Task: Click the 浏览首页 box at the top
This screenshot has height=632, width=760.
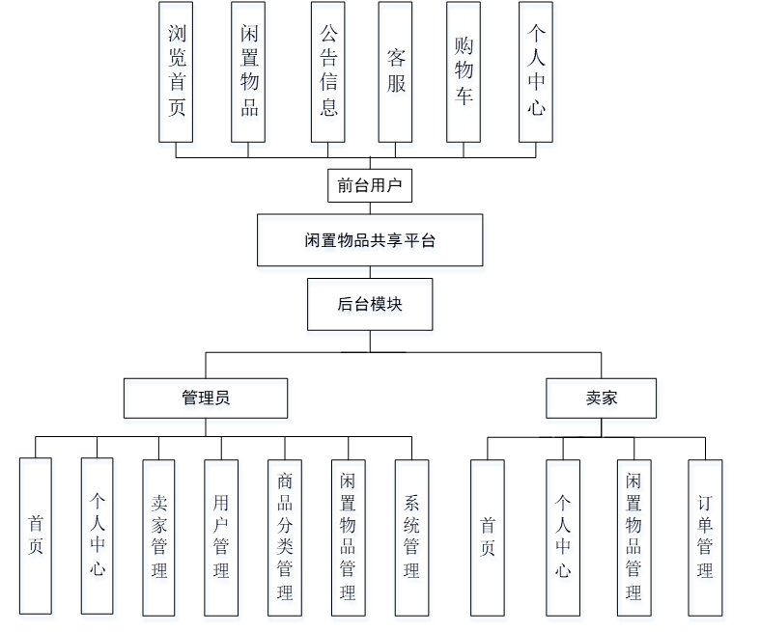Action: (x=176, y=71)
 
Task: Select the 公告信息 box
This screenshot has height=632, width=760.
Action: (x=327, y=71)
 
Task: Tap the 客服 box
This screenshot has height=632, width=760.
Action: (x=395, y=71)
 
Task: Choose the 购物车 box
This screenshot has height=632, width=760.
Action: (x=464, y=71)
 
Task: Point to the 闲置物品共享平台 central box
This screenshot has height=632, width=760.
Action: (x=370, y=240)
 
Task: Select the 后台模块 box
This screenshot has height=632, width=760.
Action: (x=370, y=304)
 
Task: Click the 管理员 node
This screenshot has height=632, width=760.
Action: (x=206, y=398)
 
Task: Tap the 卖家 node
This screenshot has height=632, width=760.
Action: (x=601, y=398)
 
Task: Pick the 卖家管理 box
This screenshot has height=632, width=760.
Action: (x=159, y=536)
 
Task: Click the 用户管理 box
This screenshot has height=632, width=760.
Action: (x=221, y=536)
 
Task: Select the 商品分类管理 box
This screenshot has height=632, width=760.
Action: (x=284, y=536)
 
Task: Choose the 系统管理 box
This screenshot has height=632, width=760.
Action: (x=411, y=536)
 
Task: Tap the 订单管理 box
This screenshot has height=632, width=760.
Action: (x=705, y=536)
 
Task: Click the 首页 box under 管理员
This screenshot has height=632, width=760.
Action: (x=36, y=536)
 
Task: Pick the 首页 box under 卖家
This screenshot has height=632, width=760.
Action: (x=488, y=536)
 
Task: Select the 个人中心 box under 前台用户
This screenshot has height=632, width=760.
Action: (x=536, y=71)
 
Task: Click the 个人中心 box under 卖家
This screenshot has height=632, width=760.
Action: (x=563, y=536)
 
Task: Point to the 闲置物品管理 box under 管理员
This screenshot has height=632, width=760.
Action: (x=348, y=536)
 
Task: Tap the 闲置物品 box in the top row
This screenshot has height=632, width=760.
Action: (x=248, y=71)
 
